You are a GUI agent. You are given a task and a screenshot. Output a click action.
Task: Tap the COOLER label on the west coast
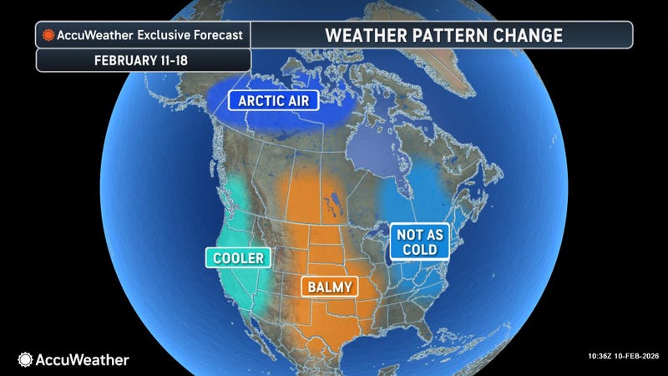pos(237,258)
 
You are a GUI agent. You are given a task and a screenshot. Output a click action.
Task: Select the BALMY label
pos(329,287)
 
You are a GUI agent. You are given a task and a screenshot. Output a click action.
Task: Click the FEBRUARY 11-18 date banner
pos(143,60)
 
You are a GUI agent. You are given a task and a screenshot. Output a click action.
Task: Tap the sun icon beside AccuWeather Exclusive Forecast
pos(49,35)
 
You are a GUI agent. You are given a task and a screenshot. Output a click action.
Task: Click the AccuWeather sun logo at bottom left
pos(26,359)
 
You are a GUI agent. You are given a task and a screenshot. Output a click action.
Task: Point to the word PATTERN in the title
pos(446,35)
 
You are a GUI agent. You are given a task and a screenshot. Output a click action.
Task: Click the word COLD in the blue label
pos(420,251)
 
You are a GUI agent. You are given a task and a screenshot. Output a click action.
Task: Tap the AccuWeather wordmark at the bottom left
pos(82,360)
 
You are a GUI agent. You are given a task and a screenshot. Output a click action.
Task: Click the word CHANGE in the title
pos(524,35)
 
